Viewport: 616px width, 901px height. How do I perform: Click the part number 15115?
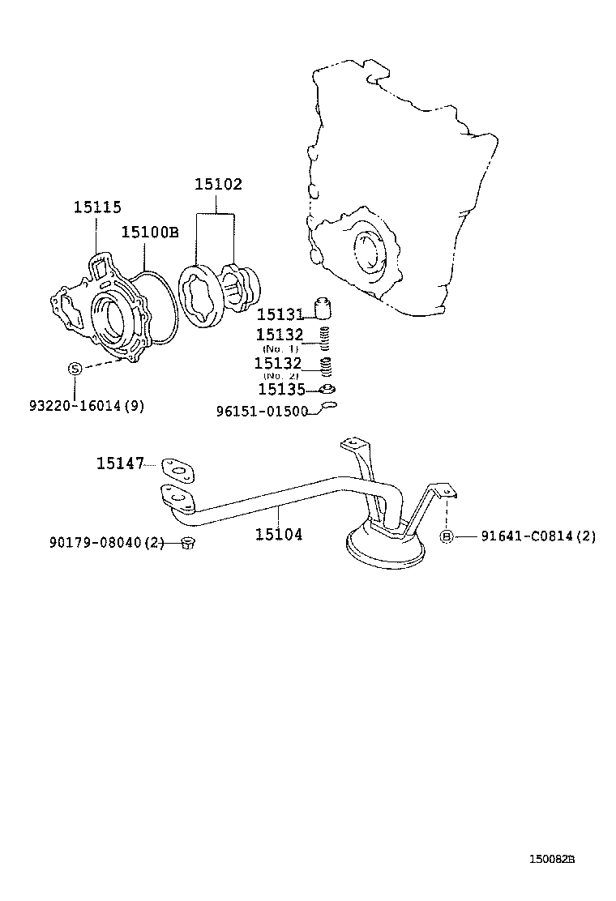[x=97, y=207]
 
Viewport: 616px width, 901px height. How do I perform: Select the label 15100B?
[x=149, y=233]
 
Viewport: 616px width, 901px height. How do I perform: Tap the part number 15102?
[x=217, y=185]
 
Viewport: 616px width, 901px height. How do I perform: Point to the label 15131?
[x=280, y=314]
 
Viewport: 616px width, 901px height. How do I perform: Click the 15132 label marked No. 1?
[x=280, y=335]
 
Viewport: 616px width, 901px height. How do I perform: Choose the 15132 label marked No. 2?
[x=278, y=364]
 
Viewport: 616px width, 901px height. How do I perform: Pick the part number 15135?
[x=280, y=389]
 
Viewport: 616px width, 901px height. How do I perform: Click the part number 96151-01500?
[x=262, y=411]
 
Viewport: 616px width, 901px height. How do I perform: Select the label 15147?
[x=120, y=463]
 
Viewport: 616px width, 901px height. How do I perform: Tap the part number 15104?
[x=279, y=534]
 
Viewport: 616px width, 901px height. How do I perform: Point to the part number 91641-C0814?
[x=537, y=536]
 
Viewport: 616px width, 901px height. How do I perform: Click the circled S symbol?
[x=74, y=369]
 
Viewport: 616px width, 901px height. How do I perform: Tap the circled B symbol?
[x=446, y=536]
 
